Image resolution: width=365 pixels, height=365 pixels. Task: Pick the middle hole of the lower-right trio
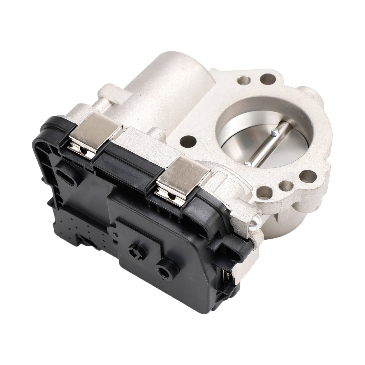tap(286, 185)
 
